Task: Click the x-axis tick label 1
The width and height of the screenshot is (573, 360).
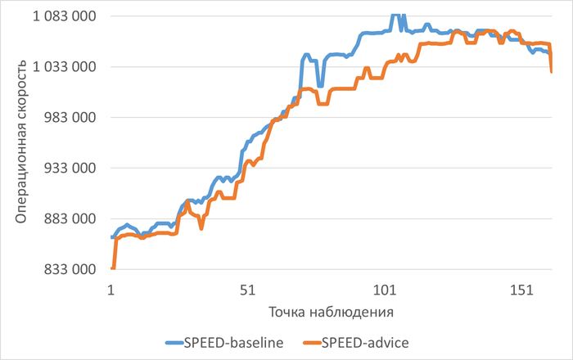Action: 111,290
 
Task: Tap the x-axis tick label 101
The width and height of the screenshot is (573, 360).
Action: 385,290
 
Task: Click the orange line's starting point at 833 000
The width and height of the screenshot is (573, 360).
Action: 112,268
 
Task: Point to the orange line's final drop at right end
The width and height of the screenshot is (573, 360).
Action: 551,71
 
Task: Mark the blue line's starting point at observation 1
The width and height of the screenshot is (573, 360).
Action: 111,237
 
